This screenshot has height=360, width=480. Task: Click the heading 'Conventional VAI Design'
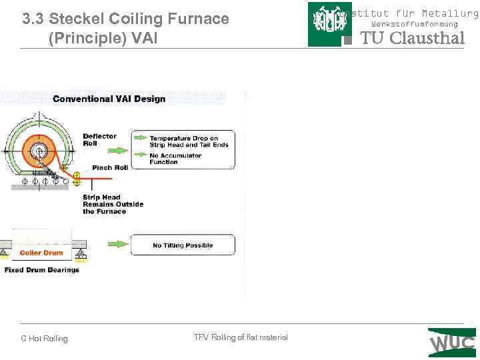(x=109, y=99)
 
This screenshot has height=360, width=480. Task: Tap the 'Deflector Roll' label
(x=99, y=139)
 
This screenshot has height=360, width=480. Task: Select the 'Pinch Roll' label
(x=110, y=167)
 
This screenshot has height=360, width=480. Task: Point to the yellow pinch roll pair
(x=77, y=179)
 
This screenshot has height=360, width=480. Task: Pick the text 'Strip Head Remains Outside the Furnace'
(x=104, y=204)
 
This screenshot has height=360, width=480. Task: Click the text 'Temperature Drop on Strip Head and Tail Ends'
(x=189, y=141)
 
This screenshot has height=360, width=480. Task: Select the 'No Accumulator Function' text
(x=175, y=159)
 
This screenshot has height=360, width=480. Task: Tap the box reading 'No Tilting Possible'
(x=183, y=245)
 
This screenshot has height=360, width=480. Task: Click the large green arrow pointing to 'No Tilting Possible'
(x=117, y=244)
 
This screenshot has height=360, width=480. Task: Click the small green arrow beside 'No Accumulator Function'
(x=139, y=155)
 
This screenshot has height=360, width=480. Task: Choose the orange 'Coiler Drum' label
(x=41, y=253)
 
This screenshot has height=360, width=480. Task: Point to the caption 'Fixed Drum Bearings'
(x=42, y=270)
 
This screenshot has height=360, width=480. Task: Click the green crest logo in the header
(x=330, y=24)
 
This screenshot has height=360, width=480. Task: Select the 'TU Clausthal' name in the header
(x=412, y=38)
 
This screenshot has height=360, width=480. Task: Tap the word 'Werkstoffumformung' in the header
(x=415, y=24)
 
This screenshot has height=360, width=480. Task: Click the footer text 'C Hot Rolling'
(x=44, y=339)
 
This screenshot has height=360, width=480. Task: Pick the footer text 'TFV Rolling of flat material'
(x=241, y=337)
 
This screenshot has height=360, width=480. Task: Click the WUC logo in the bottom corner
(x=452, y=343)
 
